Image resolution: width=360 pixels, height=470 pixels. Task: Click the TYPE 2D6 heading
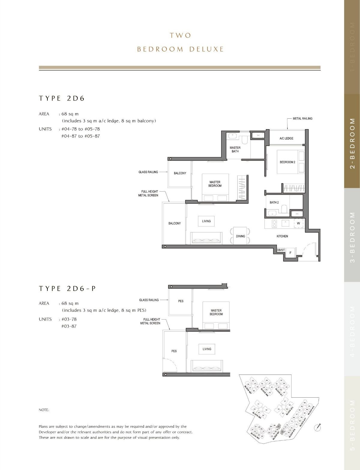(62, 99)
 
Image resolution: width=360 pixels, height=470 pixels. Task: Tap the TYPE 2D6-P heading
(67, 289)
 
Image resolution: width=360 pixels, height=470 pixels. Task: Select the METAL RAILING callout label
(302, 119)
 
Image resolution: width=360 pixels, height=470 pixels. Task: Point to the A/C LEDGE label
(286, 138)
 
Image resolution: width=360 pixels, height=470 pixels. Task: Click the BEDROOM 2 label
(287, 162)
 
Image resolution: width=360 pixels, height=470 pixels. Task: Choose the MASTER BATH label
(235, 149)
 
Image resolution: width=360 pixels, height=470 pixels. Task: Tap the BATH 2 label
(274, 202)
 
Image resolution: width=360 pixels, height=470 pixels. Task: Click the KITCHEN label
(282, 236)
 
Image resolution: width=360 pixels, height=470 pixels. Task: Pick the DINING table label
(240, 236)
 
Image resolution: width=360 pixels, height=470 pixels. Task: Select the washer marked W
(298, 223)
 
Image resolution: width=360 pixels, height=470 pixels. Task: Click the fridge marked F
(290, 253)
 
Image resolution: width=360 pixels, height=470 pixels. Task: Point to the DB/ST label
(281, 250)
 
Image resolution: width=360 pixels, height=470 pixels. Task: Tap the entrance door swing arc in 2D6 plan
(309, 246)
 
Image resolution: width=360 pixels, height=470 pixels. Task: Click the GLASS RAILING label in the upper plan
(148, 172)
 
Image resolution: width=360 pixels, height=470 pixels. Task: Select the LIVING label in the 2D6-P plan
(207, 349)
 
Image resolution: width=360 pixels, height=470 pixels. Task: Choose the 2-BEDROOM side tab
(352, 141)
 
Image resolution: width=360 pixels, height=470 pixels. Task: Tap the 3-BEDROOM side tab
(352, 235)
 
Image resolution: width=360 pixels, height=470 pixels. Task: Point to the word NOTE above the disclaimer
(44, 410)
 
